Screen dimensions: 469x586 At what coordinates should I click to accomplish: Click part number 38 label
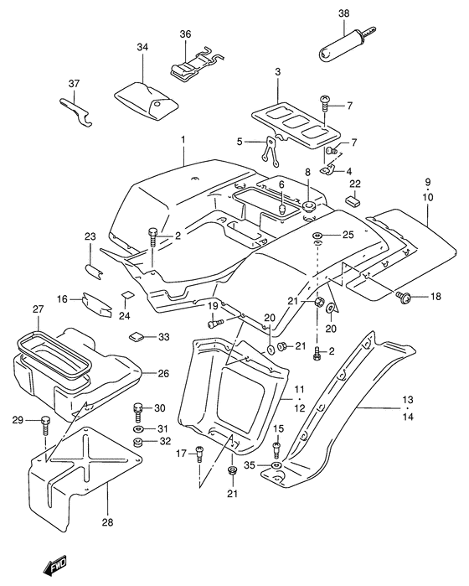(x=344, y=13)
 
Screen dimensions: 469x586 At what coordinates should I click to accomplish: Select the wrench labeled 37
(x=76, y=112)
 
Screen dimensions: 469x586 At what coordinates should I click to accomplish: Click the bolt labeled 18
(x=404, y=297)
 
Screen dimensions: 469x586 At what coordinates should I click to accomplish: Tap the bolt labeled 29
(x=45, y=425)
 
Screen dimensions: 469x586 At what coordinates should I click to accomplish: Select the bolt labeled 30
(x=138, y=412)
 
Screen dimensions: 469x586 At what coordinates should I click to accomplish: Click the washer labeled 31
(x=138, y=428)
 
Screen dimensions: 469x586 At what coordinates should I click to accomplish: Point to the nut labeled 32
(x=138, y=442)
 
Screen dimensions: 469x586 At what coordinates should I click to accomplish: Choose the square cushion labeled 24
(x=127, y=294)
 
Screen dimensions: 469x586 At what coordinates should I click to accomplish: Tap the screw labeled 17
(x=200, y=454)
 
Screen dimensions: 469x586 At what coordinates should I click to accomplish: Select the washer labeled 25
(x=317, y=235)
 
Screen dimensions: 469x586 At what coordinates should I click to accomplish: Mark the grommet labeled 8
(x=308, y=205)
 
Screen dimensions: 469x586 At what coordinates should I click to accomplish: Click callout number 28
(x=107, y=521)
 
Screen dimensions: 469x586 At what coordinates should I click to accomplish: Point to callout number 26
(x=163, y=373)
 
